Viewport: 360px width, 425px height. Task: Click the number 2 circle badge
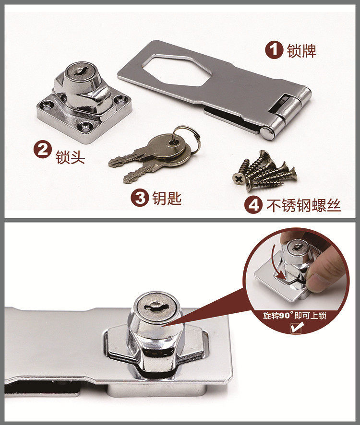tap(43, 150)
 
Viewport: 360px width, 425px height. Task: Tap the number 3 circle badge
tap(140, 198)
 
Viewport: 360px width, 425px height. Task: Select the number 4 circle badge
tap(253, 205)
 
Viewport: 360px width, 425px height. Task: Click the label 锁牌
tap(301, 50)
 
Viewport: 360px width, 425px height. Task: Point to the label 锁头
tap(70, 157)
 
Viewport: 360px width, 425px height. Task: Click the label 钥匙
tap(167, 198)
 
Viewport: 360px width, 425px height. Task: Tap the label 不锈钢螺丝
tap(303, 205)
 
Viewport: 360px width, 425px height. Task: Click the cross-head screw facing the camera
tap(239, 179)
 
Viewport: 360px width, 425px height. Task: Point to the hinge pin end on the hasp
tap(267, 133)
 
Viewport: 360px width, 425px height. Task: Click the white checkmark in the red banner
tap(297, 328)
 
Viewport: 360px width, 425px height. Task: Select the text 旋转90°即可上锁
tap(295, 316)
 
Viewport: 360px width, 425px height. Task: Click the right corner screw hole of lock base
tap(118, 101)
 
